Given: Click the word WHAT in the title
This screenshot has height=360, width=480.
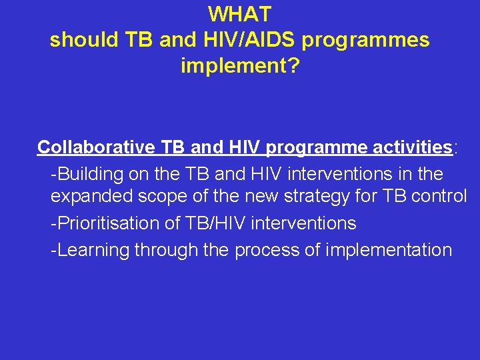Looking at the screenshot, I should [x=239, y=14].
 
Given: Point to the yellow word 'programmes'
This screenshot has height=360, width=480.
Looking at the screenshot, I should [x=366, y=40].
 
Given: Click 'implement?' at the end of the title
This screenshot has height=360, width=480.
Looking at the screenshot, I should [x=239, y=66].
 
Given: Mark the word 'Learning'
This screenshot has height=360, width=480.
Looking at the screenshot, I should [x=93, y=250].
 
